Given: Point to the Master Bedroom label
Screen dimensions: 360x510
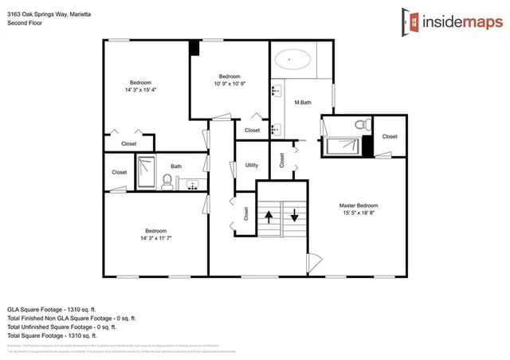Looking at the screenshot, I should [358, 206].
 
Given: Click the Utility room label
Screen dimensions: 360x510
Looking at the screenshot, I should [252, 165].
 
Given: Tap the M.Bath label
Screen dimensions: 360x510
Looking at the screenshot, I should [302, 103].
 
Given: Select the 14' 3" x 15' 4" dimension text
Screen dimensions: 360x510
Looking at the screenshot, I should [145, 90].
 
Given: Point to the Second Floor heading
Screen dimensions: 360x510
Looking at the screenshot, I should [25, 23].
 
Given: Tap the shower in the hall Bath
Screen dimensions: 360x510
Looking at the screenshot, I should [147, 173].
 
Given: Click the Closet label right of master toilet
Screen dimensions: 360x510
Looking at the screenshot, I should [389, 136].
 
